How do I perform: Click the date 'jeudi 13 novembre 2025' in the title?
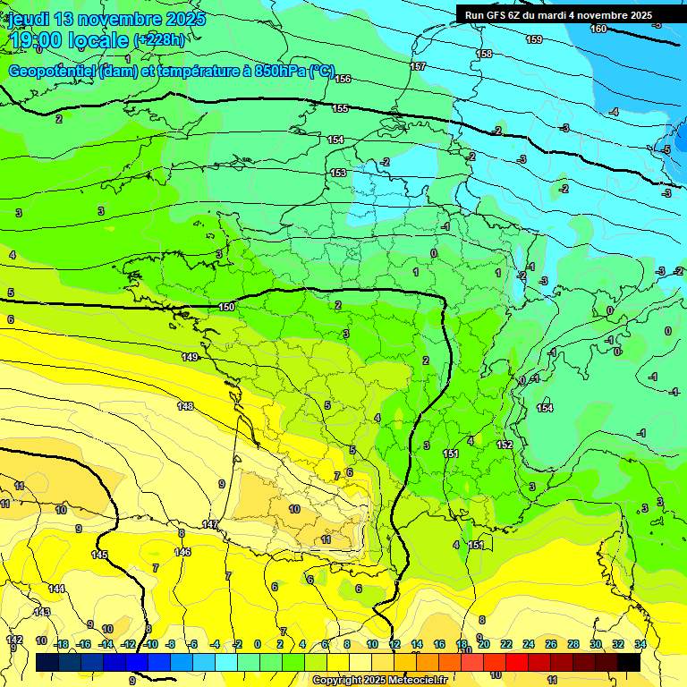[106, 19]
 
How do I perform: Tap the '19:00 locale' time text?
[68, 40]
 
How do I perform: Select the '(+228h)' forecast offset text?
[159, 40]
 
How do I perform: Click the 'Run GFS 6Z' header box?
[558, 15]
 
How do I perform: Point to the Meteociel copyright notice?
[379, 681]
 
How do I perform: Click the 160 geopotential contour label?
[598, 29]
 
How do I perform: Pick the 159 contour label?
[534, 39]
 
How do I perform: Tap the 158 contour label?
[484, 55]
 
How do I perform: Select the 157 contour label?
[418, 67]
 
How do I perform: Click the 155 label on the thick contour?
[340, 108]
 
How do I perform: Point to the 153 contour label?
[338, 173]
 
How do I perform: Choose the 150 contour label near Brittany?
[227, 307]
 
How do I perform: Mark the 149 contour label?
[190, 357]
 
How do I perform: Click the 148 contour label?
[185, 406]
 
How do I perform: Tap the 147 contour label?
[210, 524]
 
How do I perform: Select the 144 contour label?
[56, 589]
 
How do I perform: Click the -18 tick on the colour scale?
[62, 644]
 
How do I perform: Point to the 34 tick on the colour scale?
[640, 644]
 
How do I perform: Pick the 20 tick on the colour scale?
[484, 644]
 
